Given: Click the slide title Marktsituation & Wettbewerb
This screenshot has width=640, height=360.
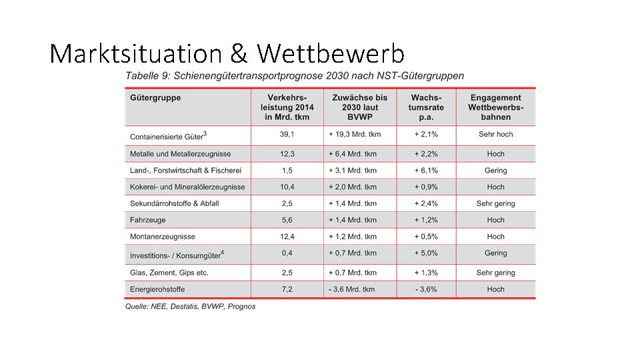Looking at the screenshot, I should [x=227, y=53].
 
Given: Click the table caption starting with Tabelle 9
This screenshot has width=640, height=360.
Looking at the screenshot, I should [x=295, y=75].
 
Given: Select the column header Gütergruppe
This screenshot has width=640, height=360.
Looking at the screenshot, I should [x=155, y=98].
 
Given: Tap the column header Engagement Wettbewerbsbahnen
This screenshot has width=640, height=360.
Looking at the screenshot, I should [x=495, y=107].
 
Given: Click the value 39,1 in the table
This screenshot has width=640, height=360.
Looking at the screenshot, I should [x=287, y=134].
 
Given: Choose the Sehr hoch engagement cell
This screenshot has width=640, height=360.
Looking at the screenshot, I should [x=495, y=134].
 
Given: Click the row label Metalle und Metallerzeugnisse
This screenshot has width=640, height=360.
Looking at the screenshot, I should [x=180, y=154].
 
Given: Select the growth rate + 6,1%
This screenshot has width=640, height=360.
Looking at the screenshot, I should [x=426, y=171].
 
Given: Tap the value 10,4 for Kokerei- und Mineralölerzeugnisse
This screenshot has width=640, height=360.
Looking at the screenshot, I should [x=287, y=187].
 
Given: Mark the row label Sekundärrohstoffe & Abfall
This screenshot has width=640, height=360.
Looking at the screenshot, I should [x=174, y=203].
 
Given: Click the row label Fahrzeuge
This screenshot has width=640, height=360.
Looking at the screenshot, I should [x=148, y=220].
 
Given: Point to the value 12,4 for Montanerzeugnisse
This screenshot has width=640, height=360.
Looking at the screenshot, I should [x=287, y=237].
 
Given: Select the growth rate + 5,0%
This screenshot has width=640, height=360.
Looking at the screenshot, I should [x=426, y=253].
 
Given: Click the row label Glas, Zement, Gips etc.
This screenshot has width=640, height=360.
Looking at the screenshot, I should [x=169, y=273].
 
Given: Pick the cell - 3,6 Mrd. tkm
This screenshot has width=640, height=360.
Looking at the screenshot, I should [x=352, y=289].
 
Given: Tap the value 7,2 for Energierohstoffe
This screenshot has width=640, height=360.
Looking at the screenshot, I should [x=287, y=289].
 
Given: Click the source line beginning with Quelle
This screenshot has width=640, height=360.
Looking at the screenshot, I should [x=190, y=307].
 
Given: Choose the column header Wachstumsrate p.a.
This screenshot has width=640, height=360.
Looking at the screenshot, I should [x=426, y=107].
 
